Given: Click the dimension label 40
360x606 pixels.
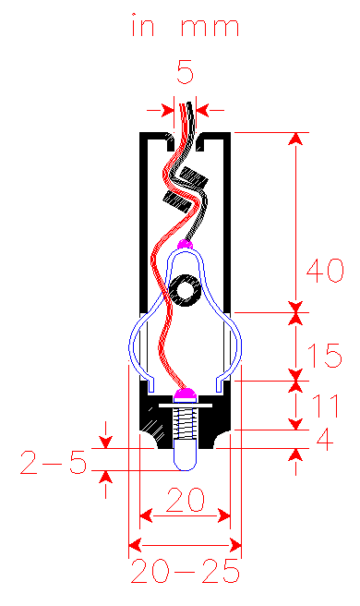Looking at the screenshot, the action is (x=325, y=270).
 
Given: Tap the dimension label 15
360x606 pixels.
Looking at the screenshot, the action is (x=325, y=355).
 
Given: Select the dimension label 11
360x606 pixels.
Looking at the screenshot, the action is (x=325, y=406).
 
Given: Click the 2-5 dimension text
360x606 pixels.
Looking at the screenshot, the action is (x=54, y=463).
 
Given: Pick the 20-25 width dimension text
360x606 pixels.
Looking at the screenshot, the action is (x=185, y=571).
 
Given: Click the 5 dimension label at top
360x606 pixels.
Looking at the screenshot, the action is (x=185, y=71).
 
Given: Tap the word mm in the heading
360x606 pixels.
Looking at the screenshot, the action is (x=210, y=28).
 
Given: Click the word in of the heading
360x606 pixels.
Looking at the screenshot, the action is (x=143, y=25).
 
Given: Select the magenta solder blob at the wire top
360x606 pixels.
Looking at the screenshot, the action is (x=185, y=244).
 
